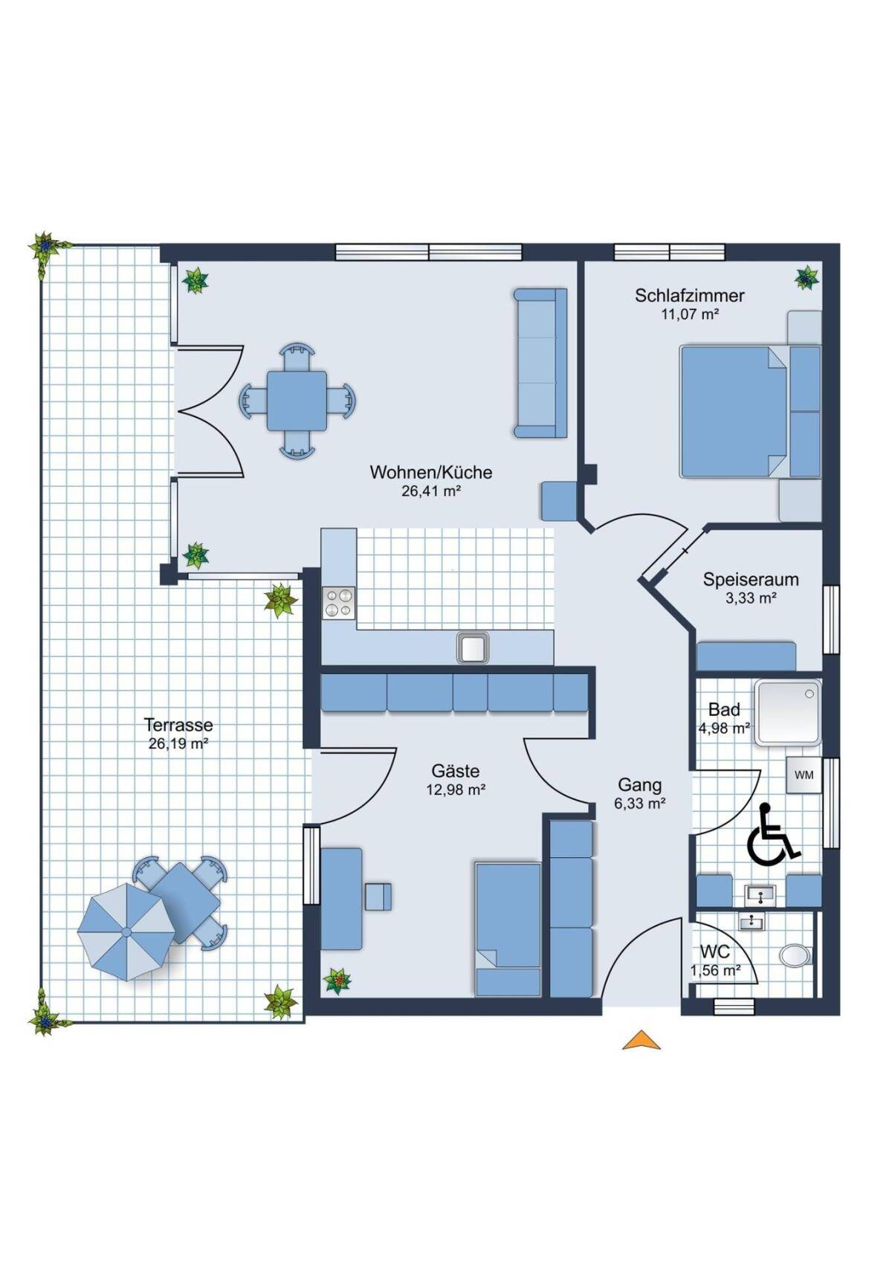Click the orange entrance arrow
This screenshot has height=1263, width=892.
tap(641, 1040)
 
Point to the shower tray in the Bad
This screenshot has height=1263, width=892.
tap(788, 713)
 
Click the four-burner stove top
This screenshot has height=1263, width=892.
tap(339, 603)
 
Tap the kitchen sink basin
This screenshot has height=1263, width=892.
tap(473, 647)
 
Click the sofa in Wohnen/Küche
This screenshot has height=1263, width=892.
tap(540, 363)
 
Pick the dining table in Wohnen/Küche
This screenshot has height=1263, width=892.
tap(297, 401)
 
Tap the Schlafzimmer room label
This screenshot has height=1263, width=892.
tap(690, 295)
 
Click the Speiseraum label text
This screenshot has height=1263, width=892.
tap(751, 580)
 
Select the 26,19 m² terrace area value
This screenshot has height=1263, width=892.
tap(178, 743)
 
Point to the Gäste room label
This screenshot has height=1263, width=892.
tap(456, 771)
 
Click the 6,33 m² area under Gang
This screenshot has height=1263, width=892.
tap(639, 804)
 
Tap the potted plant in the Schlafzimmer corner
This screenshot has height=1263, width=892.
tap(807, 277)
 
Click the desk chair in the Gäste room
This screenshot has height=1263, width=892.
tap(378, 897)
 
